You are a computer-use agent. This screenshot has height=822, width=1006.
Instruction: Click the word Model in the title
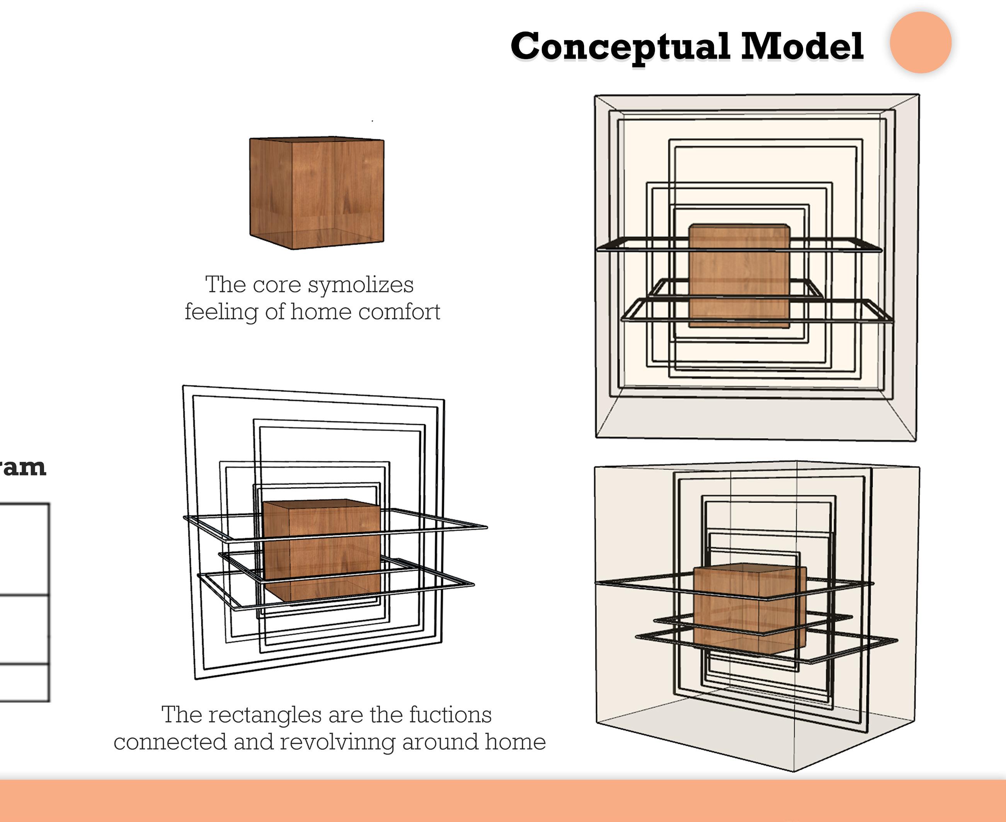[802, 46]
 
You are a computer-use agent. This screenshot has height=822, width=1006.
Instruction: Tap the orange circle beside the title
[920, 43]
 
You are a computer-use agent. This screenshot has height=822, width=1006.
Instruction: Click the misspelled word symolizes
[361, 285]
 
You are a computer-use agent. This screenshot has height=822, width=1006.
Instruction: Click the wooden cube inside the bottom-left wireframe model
[322, 549]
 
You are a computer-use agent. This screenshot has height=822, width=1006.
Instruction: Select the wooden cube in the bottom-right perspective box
[749, 609]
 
